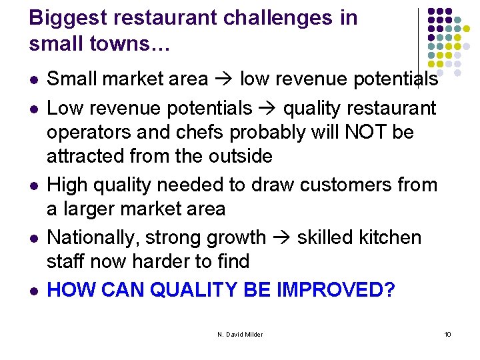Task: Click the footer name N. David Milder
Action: tap(239, 333)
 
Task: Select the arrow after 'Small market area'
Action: tap(223, 79)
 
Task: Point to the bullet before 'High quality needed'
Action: tap(33, 185)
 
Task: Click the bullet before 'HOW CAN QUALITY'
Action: tap(33, 291)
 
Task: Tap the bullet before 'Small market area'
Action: tap(33, 80)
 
